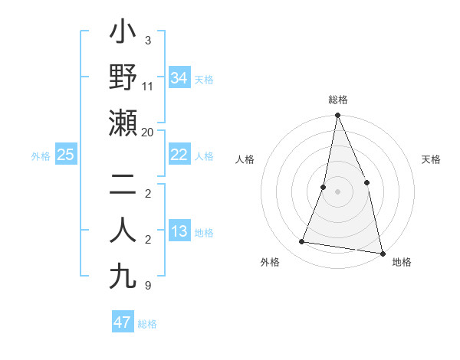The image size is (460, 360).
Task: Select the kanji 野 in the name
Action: [123, 78]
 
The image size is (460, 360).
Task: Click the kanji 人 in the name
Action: [123, 231]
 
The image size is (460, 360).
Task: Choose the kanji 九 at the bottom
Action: [123, 277]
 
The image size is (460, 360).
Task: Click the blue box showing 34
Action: [179, 77]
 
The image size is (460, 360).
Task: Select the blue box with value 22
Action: [179, 155]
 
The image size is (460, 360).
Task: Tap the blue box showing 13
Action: [179, 231]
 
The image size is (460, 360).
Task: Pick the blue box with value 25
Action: [65, 155]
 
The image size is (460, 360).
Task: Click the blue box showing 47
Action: [122, 322]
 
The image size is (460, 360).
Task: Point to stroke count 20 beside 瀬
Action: [148, 133]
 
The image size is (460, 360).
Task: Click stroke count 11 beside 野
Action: [148, 86]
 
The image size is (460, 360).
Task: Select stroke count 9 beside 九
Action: [148, 286]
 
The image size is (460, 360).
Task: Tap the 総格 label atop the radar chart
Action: [338, 100]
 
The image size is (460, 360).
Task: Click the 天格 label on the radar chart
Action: [431, 159]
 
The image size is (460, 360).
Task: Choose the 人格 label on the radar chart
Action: [245, 159]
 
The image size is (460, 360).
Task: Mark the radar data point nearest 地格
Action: [382, 253]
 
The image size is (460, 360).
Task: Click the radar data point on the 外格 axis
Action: [302, 242]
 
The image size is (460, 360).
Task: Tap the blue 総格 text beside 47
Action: [147, 324]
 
